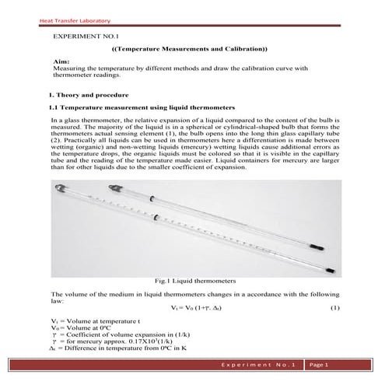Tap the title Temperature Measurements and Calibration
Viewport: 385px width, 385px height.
tap(190, 49)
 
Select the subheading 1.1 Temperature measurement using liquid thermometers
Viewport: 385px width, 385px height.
tap(136, 107)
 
